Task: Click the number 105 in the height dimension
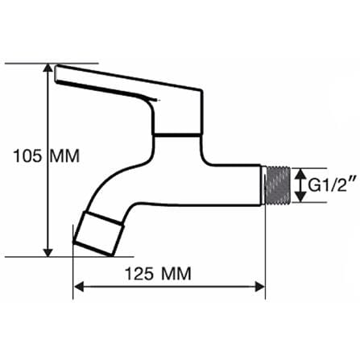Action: (27, 155)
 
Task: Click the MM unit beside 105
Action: (65, 155)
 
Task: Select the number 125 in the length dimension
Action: (139, 274)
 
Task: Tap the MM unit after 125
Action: (176, 274)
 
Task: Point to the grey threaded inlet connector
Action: (278, 185)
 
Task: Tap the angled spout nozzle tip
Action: (99, 234)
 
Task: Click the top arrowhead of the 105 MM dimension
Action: (48, 68)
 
